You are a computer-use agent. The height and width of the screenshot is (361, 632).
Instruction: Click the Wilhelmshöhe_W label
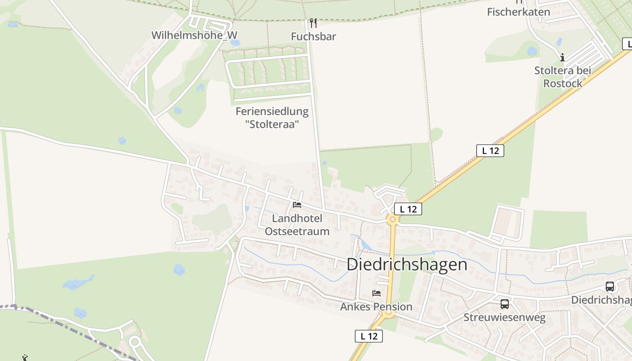tap(194, 35)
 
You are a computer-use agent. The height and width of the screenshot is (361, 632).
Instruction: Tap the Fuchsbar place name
tap(313, 37)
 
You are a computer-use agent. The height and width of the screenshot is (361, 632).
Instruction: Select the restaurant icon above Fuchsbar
tap(313, 23)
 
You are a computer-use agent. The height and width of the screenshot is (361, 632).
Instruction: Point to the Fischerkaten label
tap(518, 12)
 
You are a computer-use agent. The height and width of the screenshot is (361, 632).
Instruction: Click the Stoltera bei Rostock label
tap(562, 77)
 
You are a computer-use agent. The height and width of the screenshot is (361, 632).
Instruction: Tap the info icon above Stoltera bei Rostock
tap(562, 57)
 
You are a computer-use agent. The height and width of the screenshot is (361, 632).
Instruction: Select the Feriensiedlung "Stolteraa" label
tap(272, 117)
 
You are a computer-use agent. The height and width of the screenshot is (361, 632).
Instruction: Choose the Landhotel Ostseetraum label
tap(297, 225)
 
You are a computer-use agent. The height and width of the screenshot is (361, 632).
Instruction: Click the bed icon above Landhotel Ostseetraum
tap(297, 205)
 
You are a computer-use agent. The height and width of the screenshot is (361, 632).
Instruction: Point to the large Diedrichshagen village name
tap(407, 264)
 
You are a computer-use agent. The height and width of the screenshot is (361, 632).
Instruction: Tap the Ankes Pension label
tap(376, 307)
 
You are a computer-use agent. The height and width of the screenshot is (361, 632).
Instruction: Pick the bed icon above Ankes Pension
tap(376, 293)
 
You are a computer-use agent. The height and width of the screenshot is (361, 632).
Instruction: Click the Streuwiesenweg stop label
tap(504, 318)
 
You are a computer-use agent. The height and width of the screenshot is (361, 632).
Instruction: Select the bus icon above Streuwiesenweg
tap(504, 304)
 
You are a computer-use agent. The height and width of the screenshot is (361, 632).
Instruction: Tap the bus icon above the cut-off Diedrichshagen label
tap(609, 286)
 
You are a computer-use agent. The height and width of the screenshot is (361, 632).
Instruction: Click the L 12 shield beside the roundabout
tap(408, 209)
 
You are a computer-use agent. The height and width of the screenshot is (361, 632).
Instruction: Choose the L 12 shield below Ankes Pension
tap(368, 336)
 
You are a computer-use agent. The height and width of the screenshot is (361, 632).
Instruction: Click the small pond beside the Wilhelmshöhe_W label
tap(235, 43)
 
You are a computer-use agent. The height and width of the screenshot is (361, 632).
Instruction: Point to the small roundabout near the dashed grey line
tap(135, 342)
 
